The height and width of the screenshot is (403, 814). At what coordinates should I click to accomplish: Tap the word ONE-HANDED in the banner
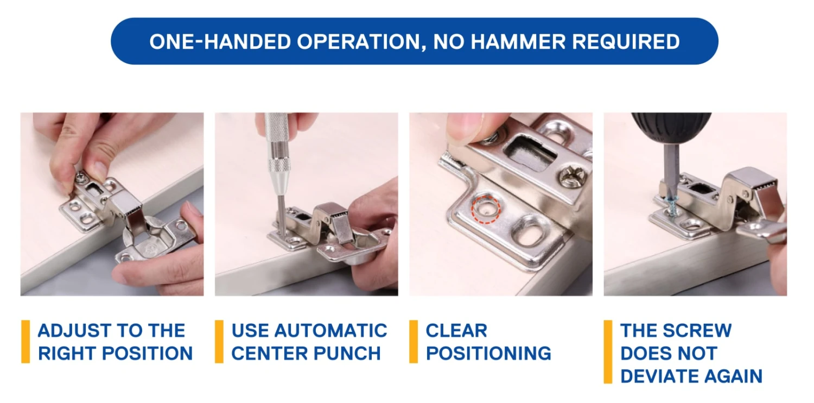pos(220,41)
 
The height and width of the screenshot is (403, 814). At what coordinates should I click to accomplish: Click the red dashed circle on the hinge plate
pos(486,209)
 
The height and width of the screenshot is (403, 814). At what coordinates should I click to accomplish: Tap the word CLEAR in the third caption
pos(456,331)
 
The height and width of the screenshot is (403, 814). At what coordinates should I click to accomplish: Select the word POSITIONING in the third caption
pos(488,353)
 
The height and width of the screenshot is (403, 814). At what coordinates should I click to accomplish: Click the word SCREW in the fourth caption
pos(697,331)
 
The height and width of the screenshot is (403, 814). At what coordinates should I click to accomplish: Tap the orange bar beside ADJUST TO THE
pos(26,342)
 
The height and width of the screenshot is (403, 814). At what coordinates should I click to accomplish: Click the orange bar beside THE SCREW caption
pos(608,352)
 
